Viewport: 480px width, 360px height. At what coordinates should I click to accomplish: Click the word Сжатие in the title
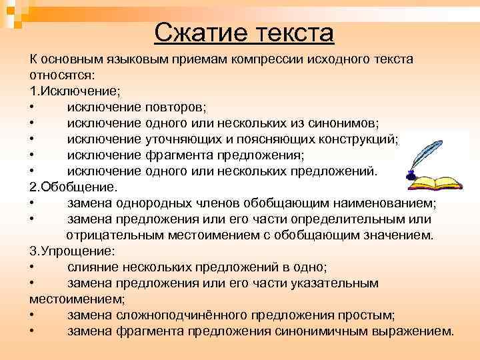click(x=199, y=33)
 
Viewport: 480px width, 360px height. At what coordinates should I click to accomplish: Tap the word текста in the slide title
click(x=291, y=33)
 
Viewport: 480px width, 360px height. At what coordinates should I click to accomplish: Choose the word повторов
click(x=175, y=107)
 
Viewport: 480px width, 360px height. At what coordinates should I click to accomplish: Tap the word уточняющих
click(x=182, y=139)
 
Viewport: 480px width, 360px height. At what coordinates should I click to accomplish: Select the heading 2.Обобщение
click(x=63, y=187)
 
